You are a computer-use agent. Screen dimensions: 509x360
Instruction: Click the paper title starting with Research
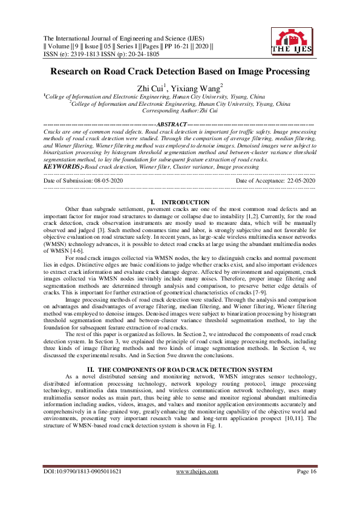(180, 71)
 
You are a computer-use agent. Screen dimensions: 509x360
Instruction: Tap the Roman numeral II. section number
(92, 352)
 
